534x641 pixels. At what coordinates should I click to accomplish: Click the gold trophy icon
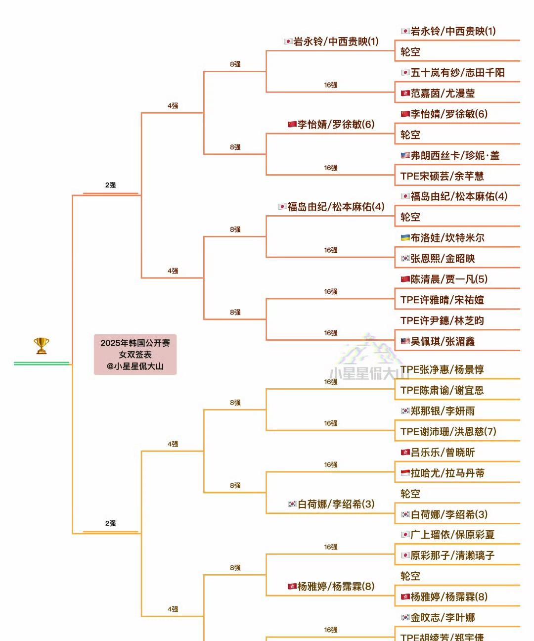click(42, 345)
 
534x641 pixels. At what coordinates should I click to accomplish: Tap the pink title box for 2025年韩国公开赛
click(135, 354)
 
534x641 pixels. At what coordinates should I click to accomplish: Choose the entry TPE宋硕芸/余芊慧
click(442, 176)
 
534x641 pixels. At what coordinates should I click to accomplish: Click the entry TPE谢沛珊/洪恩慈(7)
click(448, 431)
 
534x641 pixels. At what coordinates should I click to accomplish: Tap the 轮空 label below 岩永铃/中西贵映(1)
click(410, 52)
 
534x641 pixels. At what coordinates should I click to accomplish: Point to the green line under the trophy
click(42, 364)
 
